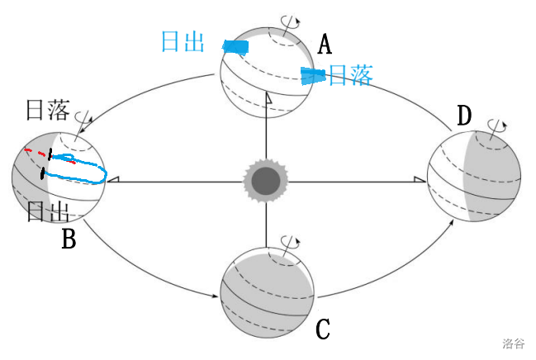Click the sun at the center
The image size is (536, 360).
(x=266, y=181)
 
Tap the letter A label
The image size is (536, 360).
(x=325, y=44)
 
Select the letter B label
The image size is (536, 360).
(x=69, y=238)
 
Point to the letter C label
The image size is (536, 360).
(x=322, y=329)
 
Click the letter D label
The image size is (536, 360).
(x=464, y=116)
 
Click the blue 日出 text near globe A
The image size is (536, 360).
(x=183, y=42)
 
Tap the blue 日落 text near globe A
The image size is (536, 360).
(x=351, y=75)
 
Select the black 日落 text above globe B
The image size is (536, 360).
(x=48, y=110)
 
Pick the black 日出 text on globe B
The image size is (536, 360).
(x=48, y=211)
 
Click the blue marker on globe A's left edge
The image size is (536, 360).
(x=235, y=47)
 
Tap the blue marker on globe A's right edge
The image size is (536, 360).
(x=312, y=76)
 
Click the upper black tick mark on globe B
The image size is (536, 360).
(x=50, y=154)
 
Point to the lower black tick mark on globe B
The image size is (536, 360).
(x=42, y=173)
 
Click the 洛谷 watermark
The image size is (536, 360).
(x=513, y=343)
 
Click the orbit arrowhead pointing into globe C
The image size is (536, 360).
(x=215, y=296)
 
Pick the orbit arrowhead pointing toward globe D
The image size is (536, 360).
(x=452, y=223)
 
